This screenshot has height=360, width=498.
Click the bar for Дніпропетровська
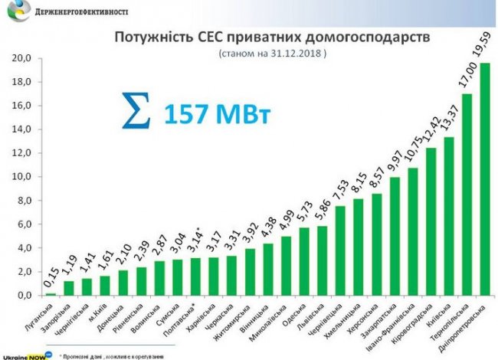[x=485, y=179]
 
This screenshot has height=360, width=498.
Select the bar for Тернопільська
[x=467, y=195]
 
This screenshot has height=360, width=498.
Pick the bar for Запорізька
[x=69, y=288]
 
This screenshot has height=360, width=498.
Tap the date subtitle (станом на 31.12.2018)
[x=272, y=55]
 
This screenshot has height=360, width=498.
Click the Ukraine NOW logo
[x=22, y=355]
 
